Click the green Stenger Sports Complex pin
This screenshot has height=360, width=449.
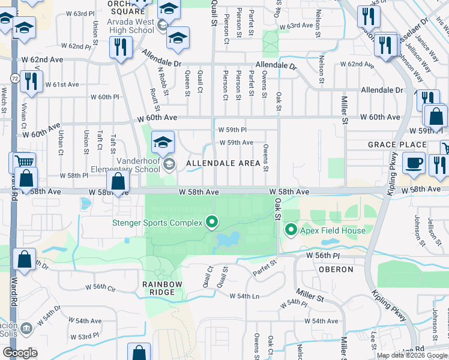pyautogui.click(x=211, y=223)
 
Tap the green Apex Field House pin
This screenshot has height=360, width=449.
pyautogui.click(x=291, y=229)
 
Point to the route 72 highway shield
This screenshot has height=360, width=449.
pyautogui.click(x=14, y=79)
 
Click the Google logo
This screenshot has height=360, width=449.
pyautogui.click(x=20, y=352)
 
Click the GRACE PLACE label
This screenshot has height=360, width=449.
pyautogui.click(x=397, y=145)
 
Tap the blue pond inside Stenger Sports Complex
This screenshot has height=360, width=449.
pyautogui.click(x=224, y=241)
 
